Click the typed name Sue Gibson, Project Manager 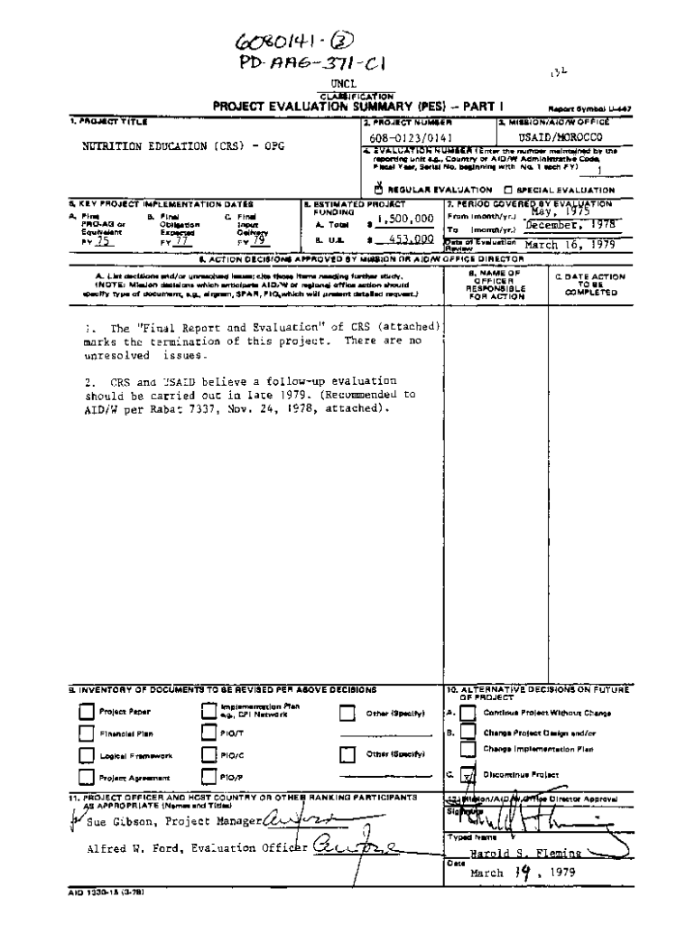(172, 821)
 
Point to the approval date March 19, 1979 (521, 873)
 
